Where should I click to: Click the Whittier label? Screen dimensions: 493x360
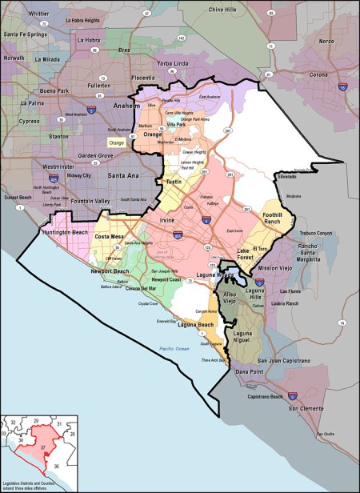point(38,14)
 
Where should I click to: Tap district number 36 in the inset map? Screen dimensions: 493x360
point(55,466)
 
